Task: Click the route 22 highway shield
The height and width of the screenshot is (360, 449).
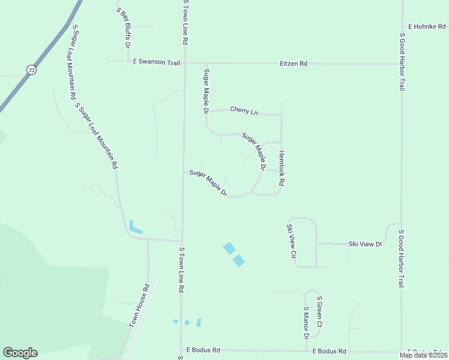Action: pyautogui.click(x=30, y=70)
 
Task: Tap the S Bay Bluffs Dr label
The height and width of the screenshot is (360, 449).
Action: pyautogui.click(x=123, y=27)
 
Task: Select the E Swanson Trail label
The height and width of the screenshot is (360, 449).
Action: pyautogui.click(x=157, y=62)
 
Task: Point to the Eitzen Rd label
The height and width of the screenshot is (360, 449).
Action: pyautogui.click(x=294, y=63)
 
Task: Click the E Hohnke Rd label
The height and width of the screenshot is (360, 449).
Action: pyautogui.click(x=427, y=26)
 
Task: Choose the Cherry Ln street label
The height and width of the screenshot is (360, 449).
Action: pyautogui.click(x=243, y=111)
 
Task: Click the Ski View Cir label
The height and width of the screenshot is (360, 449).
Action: pyautogui.click(x=291, y=241)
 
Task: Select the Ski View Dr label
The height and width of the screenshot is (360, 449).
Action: pyautogui.click(x=365, y=244)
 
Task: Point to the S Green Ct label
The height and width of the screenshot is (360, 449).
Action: pyautogui.click(x=319, y=311)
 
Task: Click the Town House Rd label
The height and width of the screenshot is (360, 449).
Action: pyautogui.click(x=139, y=305)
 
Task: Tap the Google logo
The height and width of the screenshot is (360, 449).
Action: pyautogui.click(x=20, y=353)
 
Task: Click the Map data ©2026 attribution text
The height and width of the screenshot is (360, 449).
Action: pyautogui.click(x=423, y=355)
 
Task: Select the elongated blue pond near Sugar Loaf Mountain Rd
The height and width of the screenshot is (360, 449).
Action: pyautogui.click(x=136, y=227)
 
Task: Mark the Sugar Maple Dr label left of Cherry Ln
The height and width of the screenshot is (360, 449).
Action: pyautogui.click(x=206, y=91)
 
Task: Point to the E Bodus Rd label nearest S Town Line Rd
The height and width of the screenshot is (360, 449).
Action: pyautogui.click(x=203, y=350)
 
